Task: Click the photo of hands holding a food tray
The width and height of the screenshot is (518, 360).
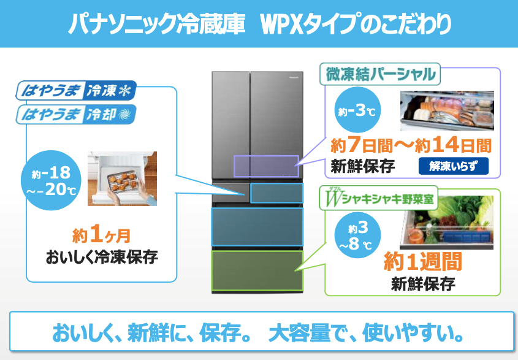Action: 122,178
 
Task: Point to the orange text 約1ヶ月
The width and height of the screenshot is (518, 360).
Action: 101,235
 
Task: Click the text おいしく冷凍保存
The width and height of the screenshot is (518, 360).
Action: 101,257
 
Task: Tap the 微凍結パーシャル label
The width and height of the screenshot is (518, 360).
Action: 379,75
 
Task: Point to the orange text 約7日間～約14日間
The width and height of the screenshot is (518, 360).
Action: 411,146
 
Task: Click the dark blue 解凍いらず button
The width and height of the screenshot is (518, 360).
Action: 454,166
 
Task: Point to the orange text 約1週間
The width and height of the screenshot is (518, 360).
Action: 422,262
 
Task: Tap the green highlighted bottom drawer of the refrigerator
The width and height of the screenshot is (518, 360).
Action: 257,270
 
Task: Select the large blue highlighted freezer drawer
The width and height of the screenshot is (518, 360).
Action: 257,227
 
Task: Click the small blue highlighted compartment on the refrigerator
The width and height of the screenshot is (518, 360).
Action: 276,193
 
